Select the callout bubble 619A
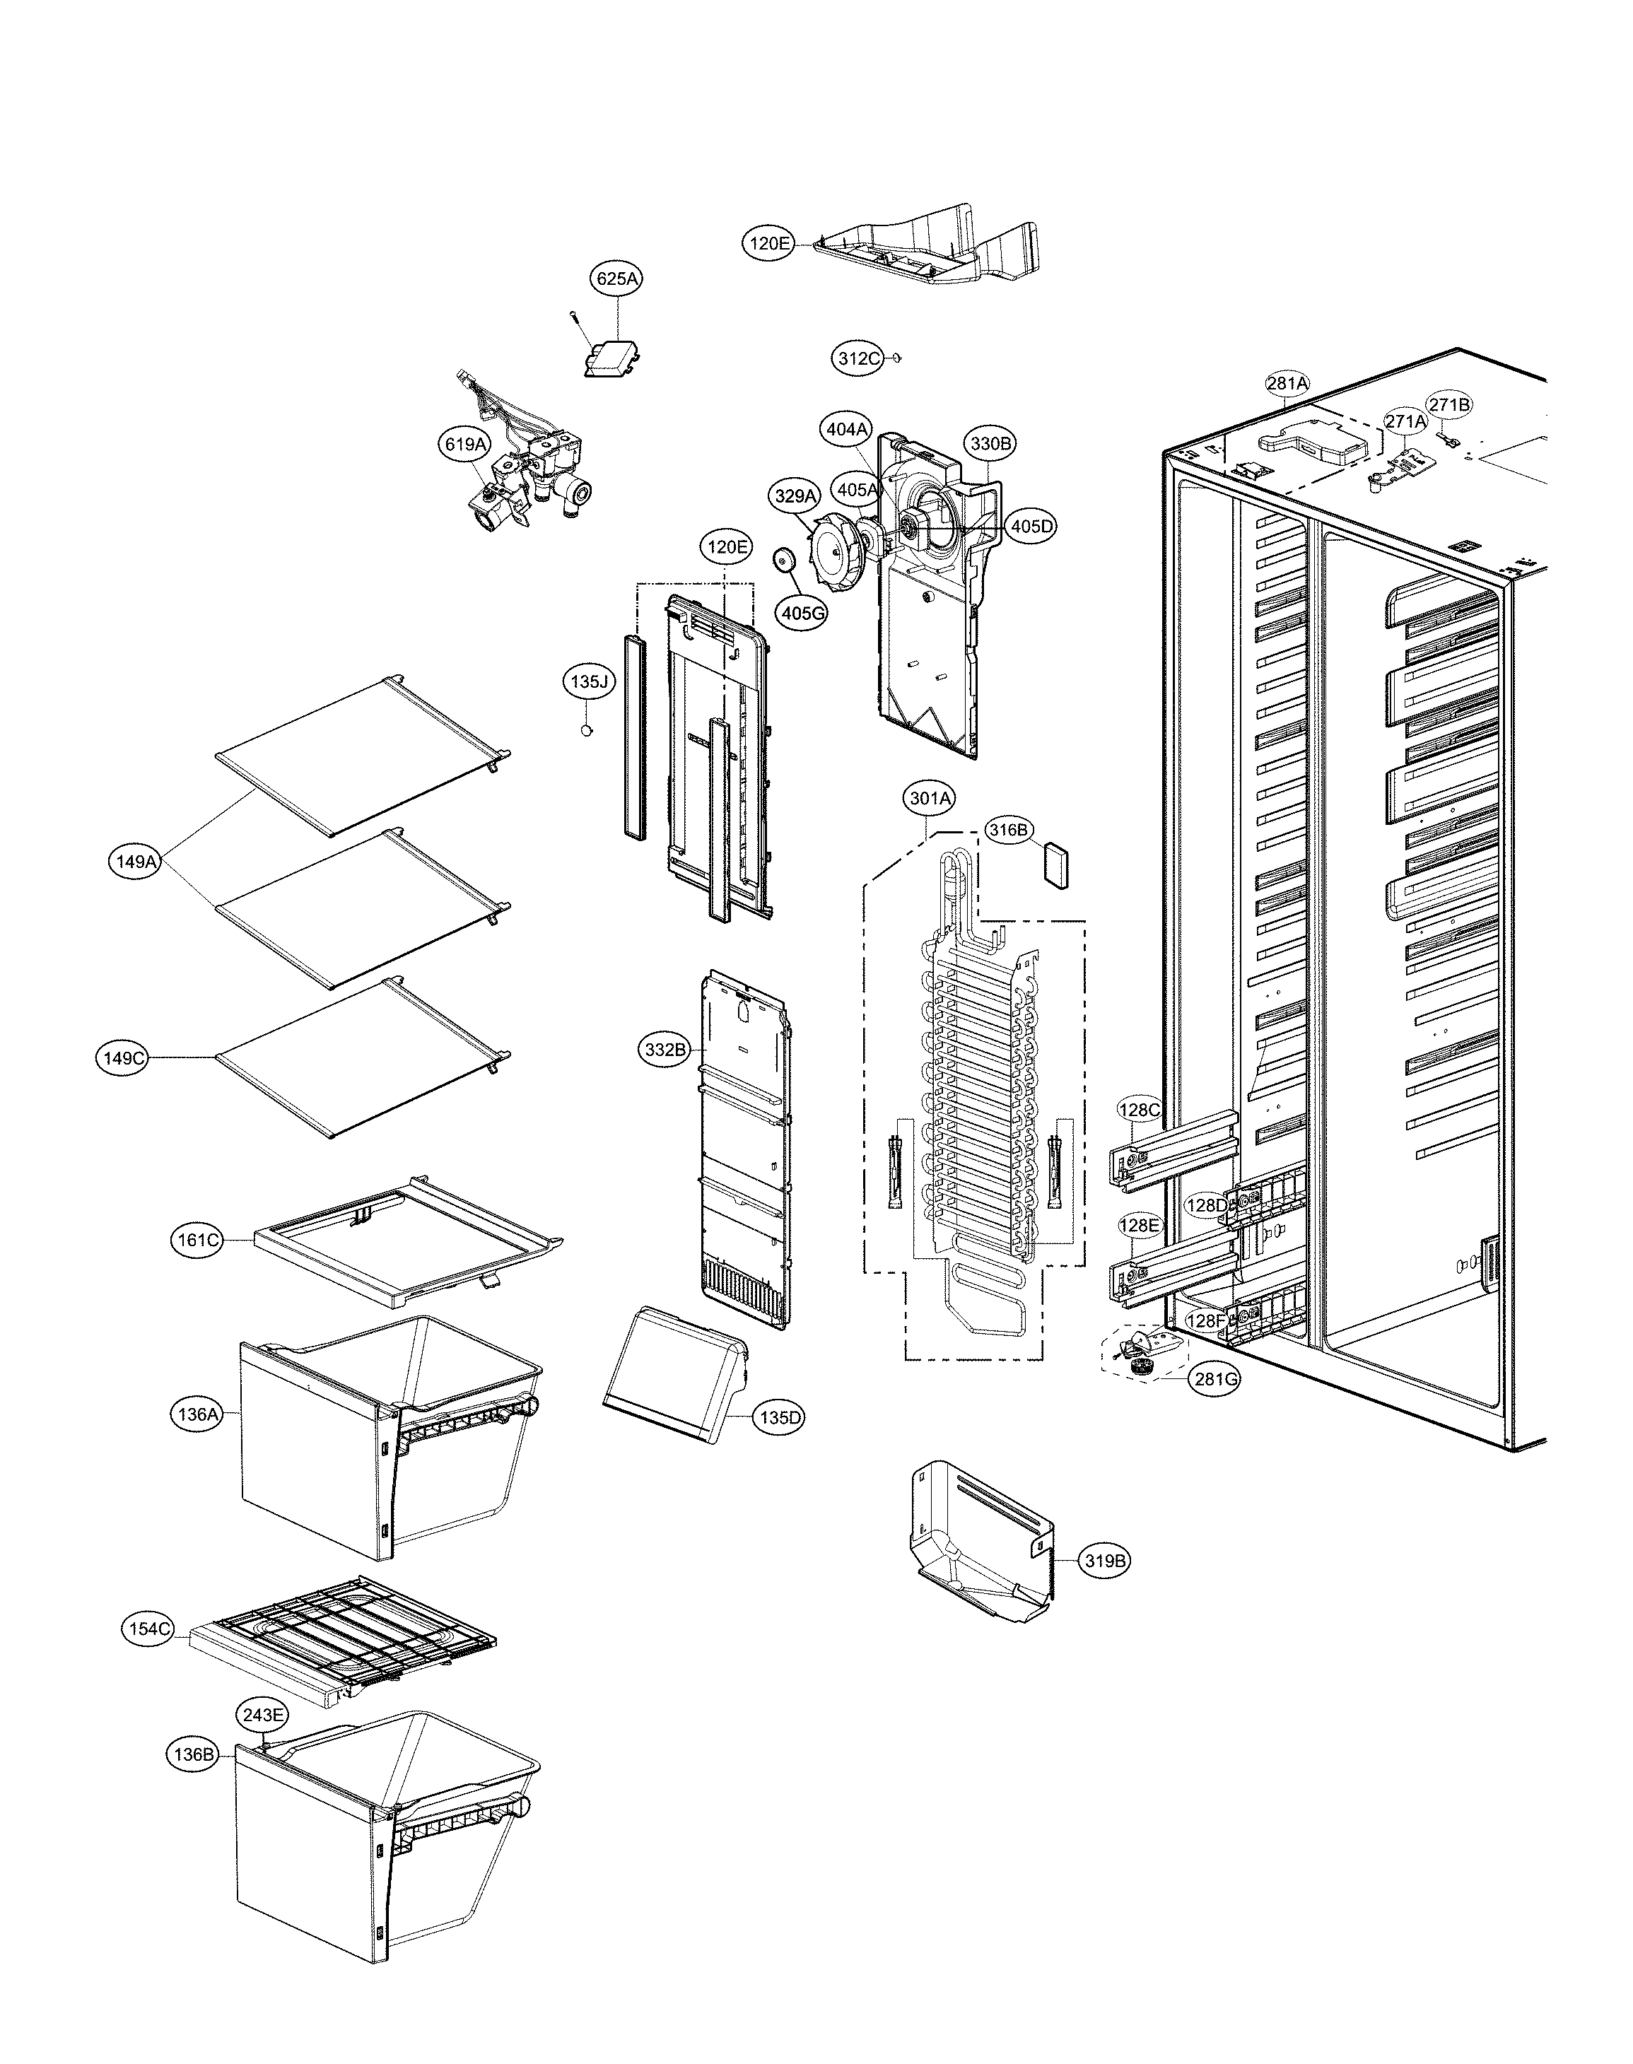(x=464, y=444)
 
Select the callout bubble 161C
(x=199, y=1241)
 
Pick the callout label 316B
(x=1007, y=831)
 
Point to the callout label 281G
(x=1216, y=1380)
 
